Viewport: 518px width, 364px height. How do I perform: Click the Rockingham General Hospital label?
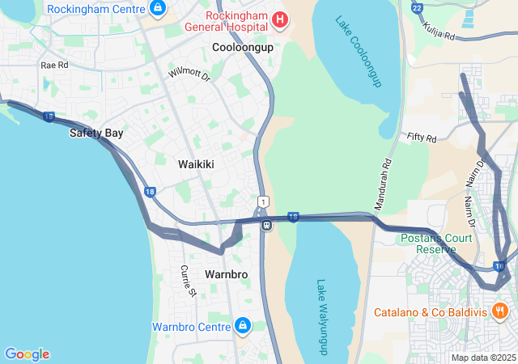click(237, 21)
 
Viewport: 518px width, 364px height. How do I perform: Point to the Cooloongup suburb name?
click(243, 48)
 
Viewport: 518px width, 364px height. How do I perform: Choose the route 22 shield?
click(417, 7)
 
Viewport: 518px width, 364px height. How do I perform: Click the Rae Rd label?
click(53, 65)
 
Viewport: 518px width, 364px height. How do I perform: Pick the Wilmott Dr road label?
click(189, 74)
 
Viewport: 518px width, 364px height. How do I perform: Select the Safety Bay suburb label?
click(96, 133)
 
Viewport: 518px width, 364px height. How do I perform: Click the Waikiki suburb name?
click(196, 164)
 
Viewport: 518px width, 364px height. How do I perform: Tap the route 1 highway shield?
click(263, 201)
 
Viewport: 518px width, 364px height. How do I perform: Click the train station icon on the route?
click(265, 226)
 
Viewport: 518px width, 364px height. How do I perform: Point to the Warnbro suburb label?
click(226, 275)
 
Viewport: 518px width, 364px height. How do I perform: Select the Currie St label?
click(189, 280)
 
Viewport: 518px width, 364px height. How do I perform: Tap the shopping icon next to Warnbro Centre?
click(241, 326)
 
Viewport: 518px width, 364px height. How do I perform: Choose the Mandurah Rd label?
click(384, 179)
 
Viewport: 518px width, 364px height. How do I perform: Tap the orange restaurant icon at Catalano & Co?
click(499, 311)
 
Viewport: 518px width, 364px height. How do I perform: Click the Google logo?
click(27, 354)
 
